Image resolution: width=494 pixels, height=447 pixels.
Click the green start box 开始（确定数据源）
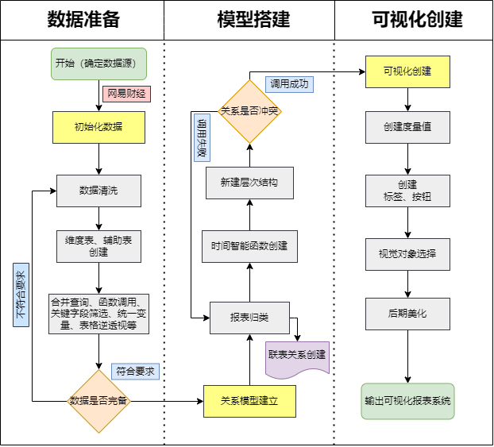point(99,64)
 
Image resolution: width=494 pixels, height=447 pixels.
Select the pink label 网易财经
point(126,94)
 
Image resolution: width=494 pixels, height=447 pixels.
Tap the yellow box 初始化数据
point(98,127)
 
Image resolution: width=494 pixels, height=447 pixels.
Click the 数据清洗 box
point(98,191)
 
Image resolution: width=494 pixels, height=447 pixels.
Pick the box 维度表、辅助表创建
point(98,246)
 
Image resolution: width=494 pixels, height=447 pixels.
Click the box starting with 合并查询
point(98,314)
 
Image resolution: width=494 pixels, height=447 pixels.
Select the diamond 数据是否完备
point(98,401)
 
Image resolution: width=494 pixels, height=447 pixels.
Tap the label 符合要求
point(136,371)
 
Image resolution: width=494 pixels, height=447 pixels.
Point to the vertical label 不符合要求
point(21,295)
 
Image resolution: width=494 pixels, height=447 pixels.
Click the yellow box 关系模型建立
point(249,401)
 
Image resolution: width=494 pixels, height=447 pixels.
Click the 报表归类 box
point(249,318)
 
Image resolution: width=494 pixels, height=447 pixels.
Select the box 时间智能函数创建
point(249,246)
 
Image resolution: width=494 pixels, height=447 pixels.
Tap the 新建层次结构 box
point(249,183)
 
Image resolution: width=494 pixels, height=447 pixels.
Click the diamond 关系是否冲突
point(249,111)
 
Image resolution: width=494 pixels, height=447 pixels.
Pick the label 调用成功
point(289,84)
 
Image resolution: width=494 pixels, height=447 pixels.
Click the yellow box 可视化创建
point(407,71)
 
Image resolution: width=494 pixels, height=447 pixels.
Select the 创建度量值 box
point(407,127)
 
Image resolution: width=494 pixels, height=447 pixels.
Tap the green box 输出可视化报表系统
point(407,401)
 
